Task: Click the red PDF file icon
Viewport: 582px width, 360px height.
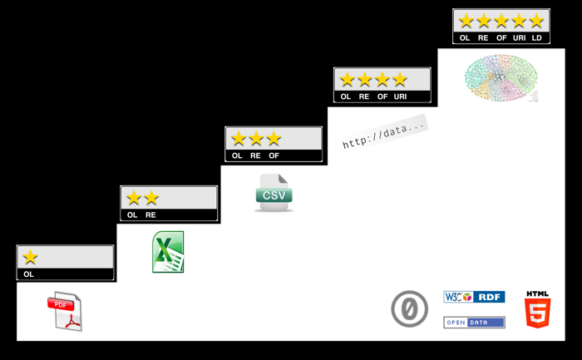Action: (65, 312)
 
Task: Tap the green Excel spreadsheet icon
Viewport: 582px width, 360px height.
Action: (168, 252)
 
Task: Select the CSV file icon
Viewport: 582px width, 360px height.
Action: (274, 194)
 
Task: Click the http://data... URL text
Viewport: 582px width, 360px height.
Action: (383, 134)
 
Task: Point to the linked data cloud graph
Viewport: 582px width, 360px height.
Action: (501, 78)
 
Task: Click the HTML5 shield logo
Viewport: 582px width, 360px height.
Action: (537, 310)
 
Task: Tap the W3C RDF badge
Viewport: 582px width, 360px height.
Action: (474, 297)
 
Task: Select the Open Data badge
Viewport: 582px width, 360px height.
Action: (474, 323)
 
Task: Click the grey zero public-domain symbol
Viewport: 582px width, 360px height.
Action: (409, 309)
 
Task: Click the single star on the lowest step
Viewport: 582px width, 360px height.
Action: (31, 257)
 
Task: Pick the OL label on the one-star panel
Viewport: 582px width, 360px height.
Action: (29, 274)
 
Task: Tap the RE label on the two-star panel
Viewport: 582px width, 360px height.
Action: (150, 215)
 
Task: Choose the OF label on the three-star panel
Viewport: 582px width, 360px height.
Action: (274, 156)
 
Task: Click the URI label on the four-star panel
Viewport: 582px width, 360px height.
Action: (401, 97)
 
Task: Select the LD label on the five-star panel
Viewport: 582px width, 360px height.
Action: (537, 38)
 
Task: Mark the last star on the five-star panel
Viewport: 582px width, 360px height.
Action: (536, 21)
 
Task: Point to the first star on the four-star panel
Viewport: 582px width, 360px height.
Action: (347, 80)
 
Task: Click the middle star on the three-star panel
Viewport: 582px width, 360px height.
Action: (256, 139)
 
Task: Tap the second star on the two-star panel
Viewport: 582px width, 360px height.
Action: (151, 198)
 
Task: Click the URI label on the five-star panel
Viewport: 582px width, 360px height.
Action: (520, 38)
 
